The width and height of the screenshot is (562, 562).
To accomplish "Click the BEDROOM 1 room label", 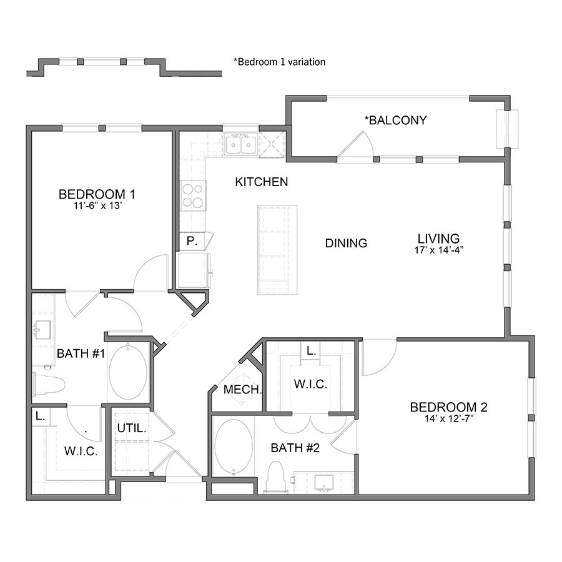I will tap(97, 193).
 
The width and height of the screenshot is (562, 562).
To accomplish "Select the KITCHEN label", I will tap(262, 182).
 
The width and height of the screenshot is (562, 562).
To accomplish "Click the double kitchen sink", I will tap(240, 145).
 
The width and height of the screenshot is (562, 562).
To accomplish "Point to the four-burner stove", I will tap(193, 195).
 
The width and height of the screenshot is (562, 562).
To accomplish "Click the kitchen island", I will tap(277, 250).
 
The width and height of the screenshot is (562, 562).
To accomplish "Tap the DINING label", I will tap(346, 244).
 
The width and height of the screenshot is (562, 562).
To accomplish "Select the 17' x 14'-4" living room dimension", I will tap(438, 250).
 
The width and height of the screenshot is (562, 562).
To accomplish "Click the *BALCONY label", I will tap(396, 120).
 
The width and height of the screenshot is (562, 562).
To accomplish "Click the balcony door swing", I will tap(357, 147).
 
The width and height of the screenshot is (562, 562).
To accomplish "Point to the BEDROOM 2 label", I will tap(448, 408).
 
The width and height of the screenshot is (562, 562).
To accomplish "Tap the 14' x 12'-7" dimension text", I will tap(448, 419).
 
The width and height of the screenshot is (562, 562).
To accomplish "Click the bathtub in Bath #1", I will tap(128, 373).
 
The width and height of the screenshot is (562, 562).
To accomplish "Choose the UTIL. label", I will tap(132, 429).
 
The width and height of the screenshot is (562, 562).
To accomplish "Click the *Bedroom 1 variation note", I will tap(279, 62).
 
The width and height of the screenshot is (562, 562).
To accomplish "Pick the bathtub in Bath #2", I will tap(234, 448).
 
